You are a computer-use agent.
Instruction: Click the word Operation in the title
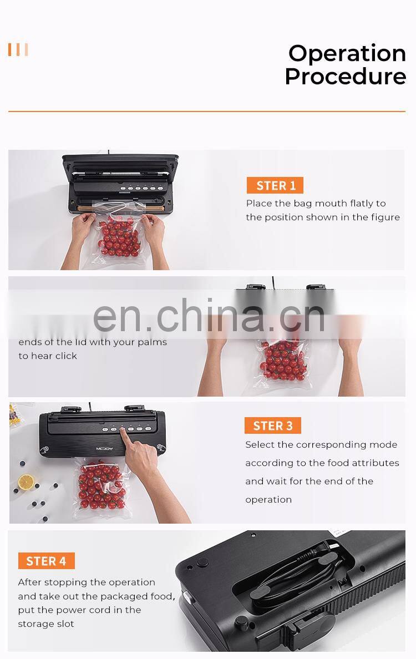347,53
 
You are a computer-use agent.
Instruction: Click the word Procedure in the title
345,77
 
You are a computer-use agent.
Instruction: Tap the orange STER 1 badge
275,185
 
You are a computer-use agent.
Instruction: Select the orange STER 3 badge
272,425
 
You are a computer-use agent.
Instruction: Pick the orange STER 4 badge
46,561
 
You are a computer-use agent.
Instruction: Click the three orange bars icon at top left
18,50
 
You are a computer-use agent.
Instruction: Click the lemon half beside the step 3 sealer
26,481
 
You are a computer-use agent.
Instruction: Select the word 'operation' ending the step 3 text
268,499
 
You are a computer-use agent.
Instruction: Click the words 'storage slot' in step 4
46,623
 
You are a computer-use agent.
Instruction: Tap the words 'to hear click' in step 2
48,356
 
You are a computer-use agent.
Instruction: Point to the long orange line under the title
206,111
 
